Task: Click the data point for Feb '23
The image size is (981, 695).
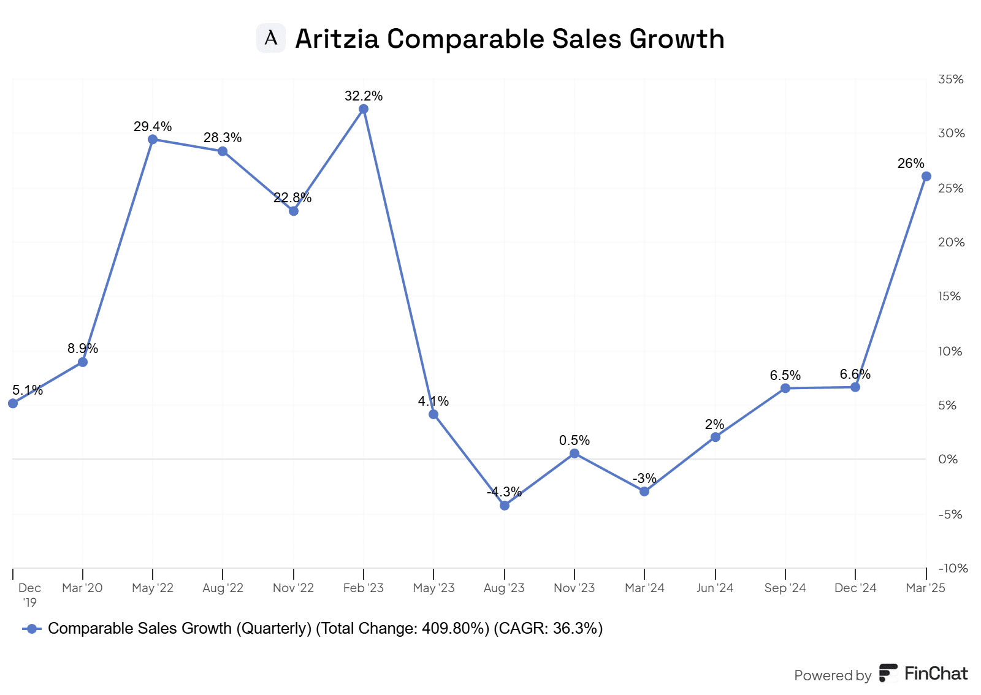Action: click(364, 109)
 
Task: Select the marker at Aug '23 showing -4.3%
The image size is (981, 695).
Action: click(505, 506)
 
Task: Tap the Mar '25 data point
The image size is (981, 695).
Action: click(926, 177)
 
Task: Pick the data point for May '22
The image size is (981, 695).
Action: click(153, 139)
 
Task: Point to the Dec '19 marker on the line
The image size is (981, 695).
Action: click(13, 403)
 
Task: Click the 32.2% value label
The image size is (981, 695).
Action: click(364, 96)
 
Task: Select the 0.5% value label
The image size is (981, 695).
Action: click(574, 440)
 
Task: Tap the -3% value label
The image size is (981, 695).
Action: click(644, 478)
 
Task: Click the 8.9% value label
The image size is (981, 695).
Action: click(83, 348)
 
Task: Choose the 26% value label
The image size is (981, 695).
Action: click(910, 163)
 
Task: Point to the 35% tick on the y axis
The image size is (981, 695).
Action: click(950, 79)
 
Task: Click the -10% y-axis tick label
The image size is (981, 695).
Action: click(953, 568)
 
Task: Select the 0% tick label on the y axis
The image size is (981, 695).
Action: click(948, 459)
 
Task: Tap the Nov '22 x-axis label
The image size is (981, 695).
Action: click(293, 588)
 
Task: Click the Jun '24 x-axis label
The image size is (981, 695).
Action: click(715, 588)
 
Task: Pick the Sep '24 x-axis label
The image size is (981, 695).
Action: click(785, 588)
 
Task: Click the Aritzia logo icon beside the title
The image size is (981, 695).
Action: click(271, 38)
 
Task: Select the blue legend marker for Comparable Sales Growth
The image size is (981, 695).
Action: click(32, 629)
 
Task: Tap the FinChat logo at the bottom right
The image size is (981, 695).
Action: click(923, 673)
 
